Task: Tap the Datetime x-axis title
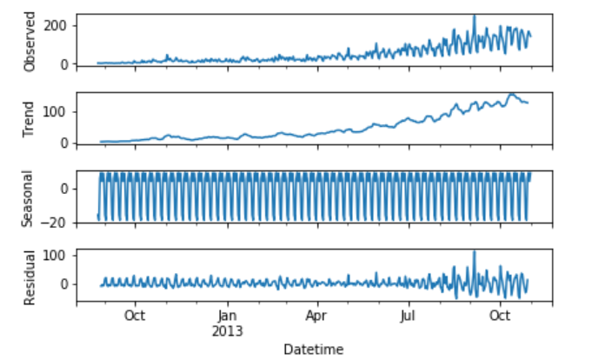[313, 350]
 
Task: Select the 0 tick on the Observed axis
[65, 64]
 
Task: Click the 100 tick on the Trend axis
[59, 111]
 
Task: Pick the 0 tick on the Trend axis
[65, 143]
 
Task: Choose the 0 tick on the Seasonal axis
[65, 187]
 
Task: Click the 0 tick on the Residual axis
[65, 284]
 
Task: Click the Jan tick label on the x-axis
[227, 317]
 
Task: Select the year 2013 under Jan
[227, 330]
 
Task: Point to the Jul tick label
[409, 317]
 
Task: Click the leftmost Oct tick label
[135, 317]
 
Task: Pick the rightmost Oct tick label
[500, 317]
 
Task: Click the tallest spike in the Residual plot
[475, 252]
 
